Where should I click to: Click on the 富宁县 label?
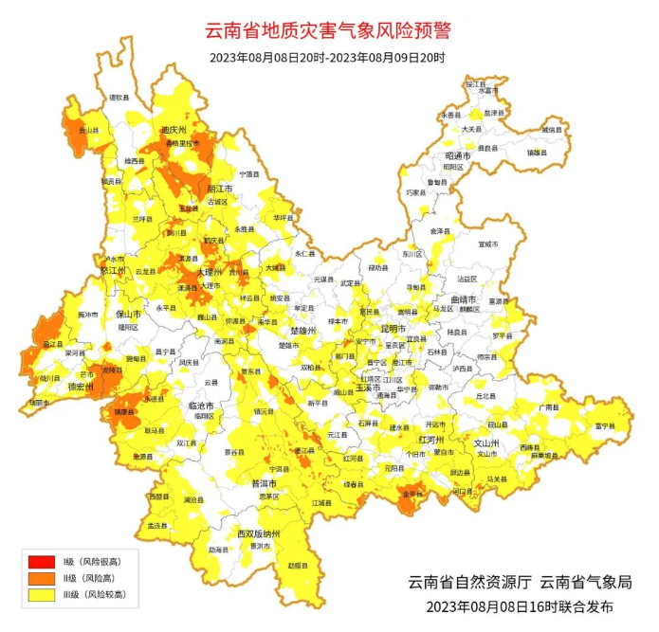[604, 427]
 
